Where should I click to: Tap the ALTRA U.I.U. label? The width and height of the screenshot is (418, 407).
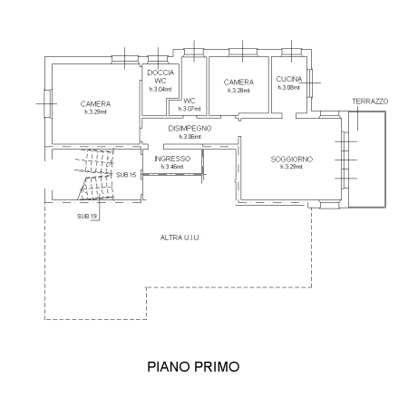(180, 237)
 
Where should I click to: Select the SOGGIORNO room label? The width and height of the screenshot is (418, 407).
(291, 160)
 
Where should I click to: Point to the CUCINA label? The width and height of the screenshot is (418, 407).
(289, 80)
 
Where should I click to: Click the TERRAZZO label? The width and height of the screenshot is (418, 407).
(370, 101)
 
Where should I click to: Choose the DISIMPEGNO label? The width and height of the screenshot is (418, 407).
(190, 129)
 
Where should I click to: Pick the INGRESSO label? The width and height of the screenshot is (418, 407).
(172, 159)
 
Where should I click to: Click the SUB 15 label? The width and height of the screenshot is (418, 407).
(126, 174)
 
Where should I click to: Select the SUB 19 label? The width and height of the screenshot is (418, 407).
(87, 217)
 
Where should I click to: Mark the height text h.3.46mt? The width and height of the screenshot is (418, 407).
(172, 167)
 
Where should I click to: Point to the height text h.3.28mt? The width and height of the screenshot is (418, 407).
(238, 90)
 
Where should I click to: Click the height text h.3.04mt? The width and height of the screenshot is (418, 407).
(160, 90)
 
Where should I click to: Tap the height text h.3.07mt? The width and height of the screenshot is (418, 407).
(190, 109)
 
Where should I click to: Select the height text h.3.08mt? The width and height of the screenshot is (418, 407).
(289, 88)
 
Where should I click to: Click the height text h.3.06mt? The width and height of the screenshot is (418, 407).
(190, 137)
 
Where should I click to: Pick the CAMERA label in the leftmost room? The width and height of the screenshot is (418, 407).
(94, 102)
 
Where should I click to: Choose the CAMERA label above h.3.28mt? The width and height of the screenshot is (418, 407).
(238, 82)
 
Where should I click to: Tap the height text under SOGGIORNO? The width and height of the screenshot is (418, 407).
(291, 168)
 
